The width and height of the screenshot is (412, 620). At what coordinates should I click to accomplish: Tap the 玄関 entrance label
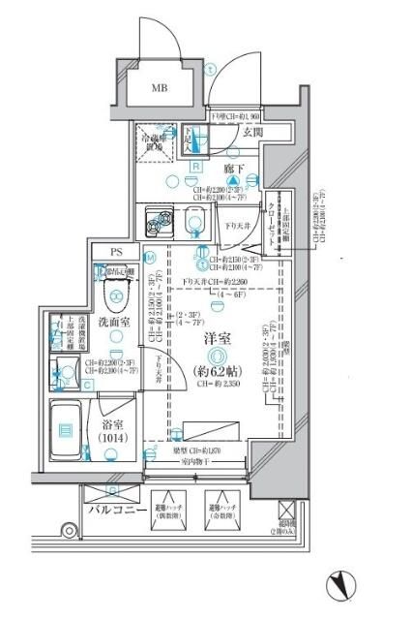click(x=254, y=132)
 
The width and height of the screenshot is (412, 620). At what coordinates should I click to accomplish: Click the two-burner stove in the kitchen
click(x=156, y=223)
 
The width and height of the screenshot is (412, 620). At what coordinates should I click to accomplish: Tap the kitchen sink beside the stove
click(x=196, y=223)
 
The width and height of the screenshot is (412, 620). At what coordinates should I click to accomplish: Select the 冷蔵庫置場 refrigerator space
click(x=154, y=141)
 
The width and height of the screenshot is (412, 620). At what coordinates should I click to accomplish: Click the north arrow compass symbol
click(x=343, y=584)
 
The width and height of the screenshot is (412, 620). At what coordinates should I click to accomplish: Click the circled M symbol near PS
click(x=151, y=258)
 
